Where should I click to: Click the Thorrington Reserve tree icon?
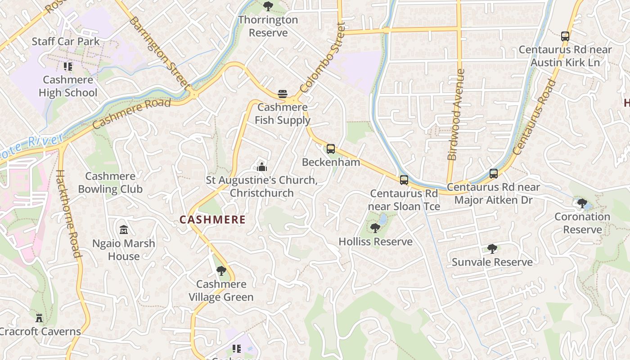tap(268, 6)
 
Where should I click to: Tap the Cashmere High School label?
tap(68, 86)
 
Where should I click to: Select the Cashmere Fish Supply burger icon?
tap(282, 94)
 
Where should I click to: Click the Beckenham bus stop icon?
tap(331, 148)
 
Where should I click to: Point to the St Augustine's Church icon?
tap(261, 167)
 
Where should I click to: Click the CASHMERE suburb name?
tap(212, 220)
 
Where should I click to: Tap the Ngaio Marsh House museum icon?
tap(124, 230)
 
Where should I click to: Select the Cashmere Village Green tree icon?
tap(221, 271)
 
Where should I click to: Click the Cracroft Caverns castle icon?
tap(39, 318)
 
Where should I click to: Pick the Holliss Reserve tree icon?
tap(375, 228)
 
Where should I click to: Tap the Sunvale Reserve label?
tap(492, 262)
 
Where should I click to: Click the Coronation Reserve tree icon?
tap(582, 203)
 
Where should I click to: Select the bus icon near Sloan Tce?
tap(404, 180)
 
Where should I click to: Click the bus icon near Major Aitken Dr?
tap(494, 174)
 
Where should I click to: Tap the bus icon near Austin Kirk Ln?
tap(565, 36)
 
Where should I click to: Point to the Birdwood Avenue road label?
tap(456, 115)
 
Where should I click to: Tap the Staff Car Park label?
tap(66, 41)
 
